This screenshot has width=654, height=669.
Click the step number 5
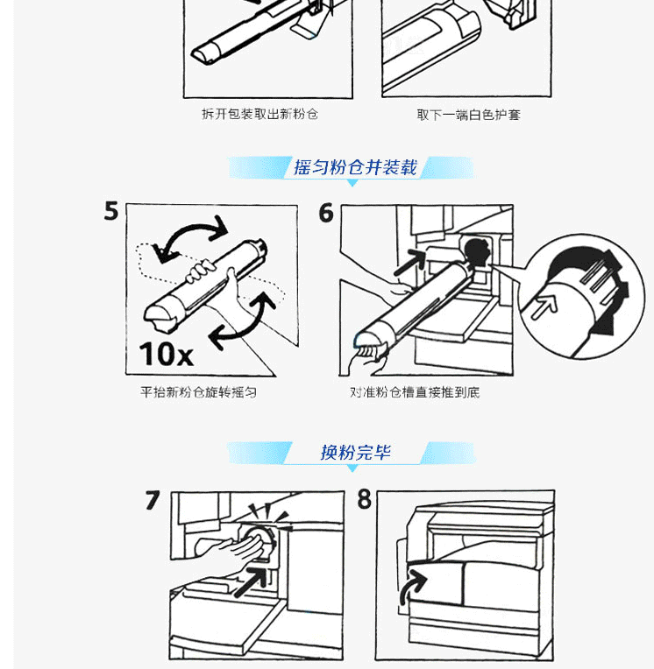coord(111,211)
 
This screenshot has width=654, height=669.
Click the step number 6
coord(326,213)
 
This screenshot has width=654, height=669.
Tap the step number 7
coord(153,500)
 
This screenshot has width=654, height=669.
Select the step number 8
coord(365,499)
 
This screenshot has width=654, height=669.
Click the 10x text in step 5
coord(167,354)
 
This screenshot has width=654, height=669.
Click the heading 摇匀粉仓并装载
coord(355,167)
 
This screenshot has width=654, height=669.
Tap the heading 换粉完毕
coord(355,452)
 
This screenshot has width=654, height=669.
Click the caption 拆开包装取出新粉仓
coord(259,114)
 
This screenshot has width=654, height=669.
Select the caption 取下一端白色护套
coord(469,115)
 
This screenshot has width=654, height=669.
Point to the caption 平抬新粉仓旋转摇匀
coord(199,392)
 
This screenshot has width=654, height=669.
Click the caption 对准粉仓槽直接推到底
coord(415,392)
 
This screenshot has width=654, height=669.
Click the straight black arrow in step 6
coord(409,263)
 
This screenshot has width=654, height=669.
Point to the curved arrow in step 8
coord(411,586)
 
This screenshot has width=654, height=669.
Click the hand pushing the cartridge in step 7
coord(229,551)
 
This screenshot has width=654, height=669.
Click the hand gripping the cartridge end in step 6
coord(366,356)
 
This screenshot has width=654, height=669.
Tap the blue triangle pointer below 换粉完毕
coord(352,468)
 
